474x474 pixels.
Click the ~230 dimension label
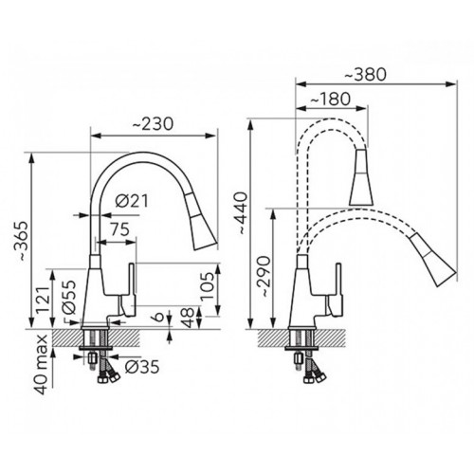click(153, 124)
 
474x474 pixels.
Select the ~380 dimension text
click(365, 75)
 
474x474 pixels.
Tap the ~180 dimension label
click(330, 100)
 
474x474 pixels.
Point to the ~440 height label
click(243, 213)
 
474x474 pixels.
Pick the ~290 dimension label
click(264, 276)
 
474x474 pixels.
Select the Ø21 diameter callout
click(132, 201)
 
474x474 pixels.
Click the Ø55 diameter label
click(68, 297)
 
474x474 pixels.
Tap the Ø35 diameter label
click(142, 367)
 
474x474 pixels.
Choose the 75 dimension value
click(120, 229)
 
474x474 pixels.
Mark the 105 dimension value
click(208, 286)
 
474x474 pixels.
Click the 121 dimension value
click(43, 300)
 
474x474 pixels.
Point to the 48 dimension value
click(188, 317)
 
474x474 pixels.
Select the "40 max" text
click(42, 364)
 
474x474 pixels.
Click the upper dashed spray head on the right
click(361, 177)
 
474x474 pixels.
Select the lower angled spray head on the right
click(432, 259)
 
